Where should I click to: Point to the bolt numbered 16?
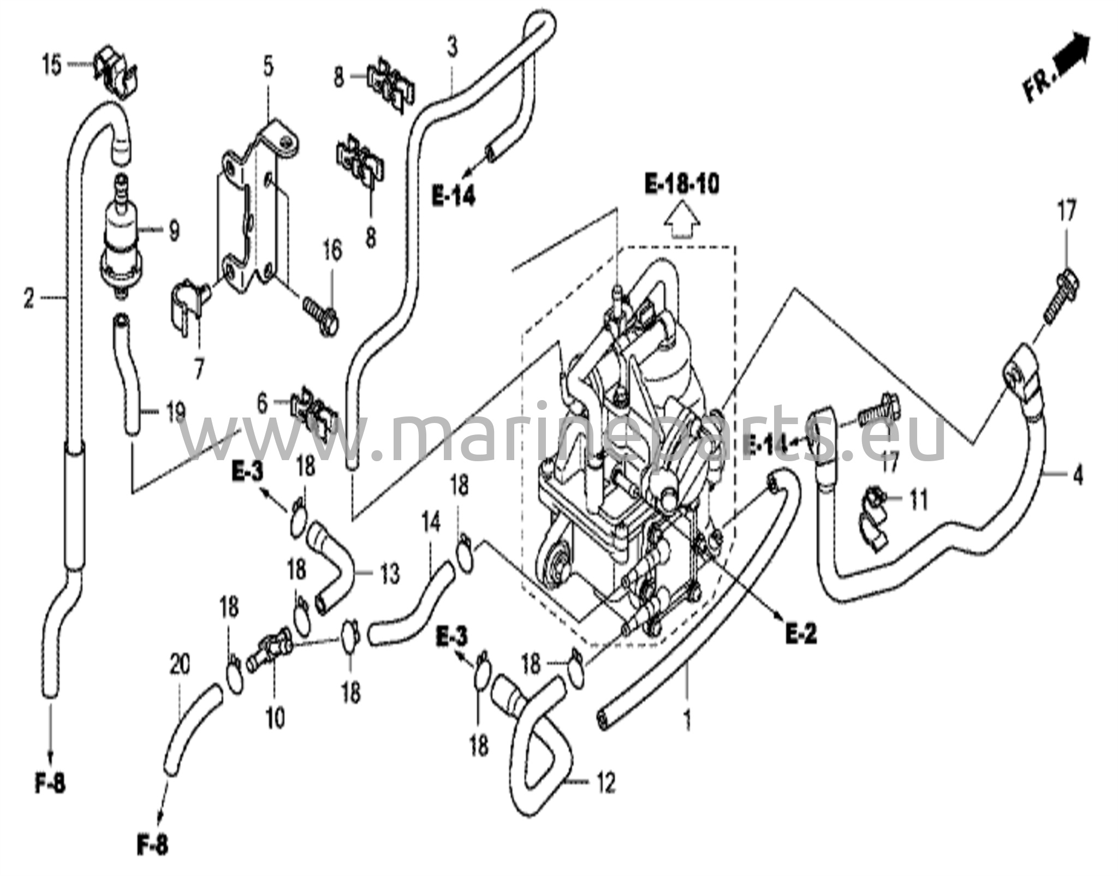click(x=322, y=314)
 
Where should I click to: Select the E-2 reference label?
click(x=801, y=635)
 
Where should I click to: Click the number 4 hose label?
click(x=1077, y=476)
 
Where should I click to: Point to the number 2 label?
click(x=29, y=299)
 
